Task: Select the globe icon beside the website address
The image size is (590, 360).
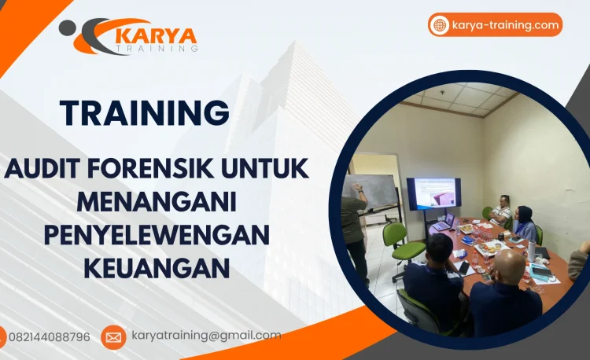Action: [x=441, y=25]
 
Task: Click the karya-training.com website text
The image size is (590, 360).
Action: [x=506, y=25]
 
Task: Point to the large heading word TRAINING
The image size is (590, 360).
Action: [x=145, y=113]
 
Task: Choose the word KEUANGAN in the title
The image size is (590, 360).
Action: [x=157, y=268]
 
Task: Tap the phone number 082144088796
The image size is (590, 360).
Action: [x=50, y=337]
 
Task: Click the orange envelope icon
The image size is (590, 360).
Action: [x=113, y=337]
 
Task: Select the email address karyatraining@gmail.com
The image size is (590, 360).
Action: [x=206, y=336]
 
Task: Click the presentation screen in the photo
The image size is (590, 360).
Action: [x=433, y=194]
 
